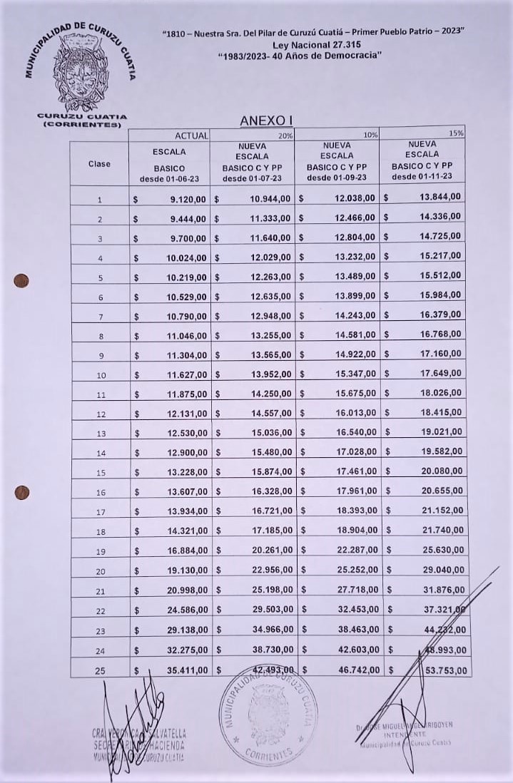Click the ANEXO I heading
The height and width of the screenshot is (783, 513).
coord(266,121)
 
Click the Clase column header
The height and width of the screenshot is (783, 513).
coord(99,163)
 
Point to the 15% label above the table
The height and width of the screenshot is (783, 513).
coord(457,133)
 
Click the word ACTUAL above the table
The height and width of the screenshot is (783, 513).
coord(192,135)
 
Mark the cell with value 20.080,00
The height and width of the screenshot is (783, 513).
coord(439,471)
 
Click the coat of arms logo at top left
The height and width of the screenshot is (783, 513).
coord(81,71)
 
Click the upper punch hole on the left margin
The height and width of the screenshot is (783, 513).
coord(22,280)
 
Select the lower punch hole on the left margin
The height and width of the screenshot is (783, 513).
coord(22,492)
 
